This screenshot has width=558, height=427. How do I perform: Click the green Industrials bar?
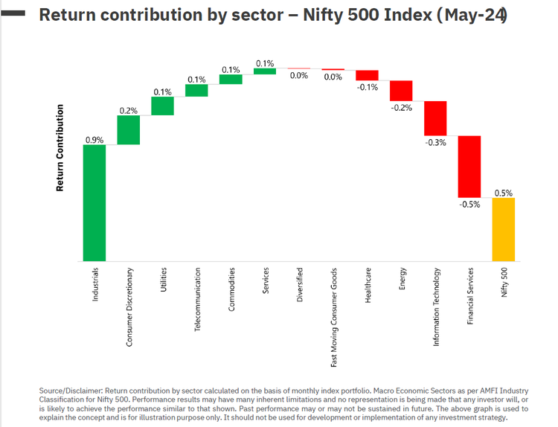click(94, 202)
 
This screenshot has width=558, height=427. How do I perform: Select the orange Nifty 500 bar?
click(503, 229)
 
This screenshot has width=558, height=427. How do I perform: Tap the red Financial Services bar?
click(469, 166)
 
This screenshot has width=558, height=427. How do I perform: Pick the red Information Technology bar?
click(435, 118)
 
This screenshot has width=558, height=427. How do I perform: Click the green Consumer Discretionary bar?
click(128, 129)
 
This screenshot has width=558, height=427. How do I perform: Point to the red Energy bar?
click(401, 90)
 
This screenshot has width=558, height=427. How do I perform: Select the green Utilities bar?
click(162, 106)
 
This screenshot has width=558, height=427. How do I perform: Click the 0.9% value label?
click(94, 139)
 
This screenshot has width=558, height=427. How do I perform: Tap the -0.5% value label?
click(469, 203)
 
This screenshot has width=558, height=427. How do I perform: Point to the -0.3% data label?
click(435, 142)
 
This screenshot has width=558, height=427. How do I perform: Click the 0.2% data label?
click(128, 110)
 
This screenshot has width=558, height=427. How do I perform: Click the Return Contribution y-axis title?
click(60, 148)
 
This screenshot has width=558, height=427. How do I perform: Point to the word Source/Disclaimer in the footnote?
click(71, 389)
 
